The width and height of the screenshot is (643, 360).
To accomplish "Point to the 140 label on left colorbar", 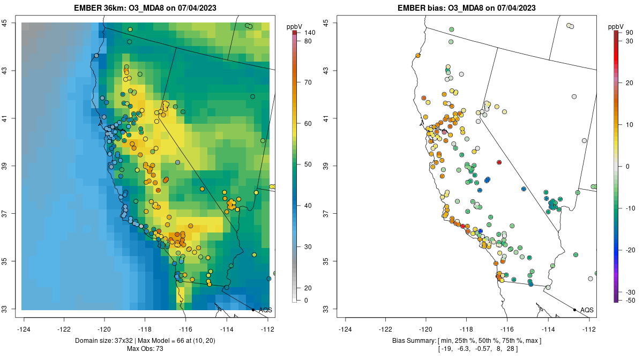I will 309,33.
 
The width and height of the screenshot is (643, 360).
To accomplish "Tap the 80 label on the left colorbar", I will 308,41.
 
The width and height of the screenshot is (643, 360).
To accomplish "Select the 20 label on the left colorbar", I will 308,288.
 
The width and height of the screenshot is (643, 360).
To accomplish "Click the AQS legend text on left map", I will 265,310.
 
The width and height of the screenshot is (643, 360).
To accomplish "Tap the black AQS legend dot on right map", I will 574,310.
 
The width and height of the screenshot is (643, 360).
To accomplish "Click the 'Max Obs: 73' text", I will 145,349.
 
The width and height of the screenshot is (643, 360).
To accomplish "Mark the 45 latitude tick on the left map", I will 11,23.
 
